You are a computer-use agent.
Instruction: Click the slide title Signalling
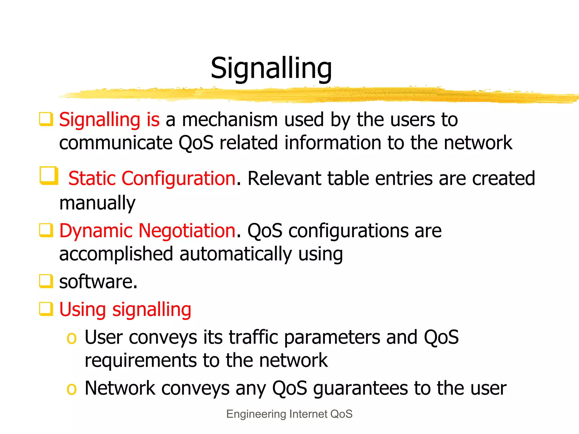click(271, 69)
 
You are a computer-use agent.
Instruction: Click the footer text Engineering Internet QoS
click(289, 414)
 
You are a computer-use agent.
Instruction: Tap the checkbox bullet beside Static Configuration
click(49, 176)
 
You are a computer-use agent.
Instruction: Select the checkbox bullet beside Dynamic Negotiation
click(46, 230)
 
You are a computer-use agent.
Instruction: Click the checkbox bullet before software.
click(46, 281)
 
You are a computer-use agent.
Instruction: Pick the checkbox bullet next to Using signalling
click(46, 309)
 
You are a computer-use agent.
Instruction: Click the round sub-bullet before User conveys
click(71, 338)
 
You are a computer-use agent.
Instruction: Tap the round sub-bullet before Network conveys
click(71, 389)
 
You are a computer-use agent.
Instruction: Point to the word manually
click(97, 203)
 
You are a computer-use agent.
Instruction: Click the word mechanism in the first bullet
click(230, 120)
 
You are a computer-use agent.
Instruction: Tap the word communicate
click(116, 143)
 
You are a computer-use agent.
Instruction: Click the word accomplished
click(116, 254)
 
